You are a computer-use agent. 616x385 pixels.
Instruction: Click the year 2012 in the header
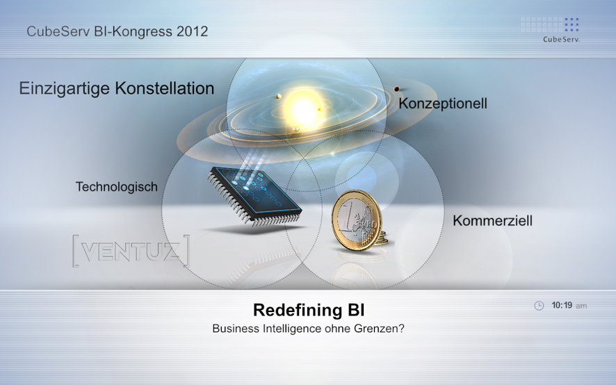[x=192, y=31]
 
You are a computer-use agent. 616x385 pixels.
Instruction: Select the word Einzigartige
[x=65, y=89]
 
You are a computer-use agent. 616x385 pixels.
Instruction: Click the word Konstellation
[x=165, y=88]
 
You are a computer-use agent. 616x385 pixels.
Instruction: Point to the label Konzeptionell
[x=443, y=104]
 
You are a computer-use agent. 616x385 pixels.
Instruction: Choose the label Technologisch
[x=116, y=187]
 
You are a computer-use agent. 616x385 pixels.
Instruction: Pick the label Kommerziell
[x=492, y=221]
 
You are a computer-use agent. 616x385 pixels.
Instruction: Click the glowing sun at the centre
[x=303, y=107]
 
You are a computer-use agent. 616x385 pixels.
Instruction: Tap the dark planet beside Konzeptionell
[x=397, y=89]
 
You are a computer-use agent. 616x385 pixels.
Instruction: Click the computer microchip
[x=254, y=196]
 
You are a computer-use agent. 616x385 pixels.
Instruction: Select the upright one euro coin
[x=357, y=220]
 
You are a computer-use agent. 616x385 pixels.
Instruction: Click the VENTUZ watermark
[x=131, y=251]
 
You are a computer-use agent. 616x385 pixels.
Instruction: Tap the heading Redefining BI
[x=309, y=310]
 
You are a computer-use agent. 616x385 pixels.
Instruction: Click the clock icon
[x=539, y=306]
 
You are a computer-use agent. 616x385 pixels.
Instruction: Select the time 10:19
[x=562, y=305]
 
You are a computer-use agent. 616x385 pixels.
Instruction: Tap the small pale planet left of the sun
[x=279, y=96]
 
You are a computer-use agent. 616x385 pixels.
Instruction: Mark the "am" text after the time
[x=581, y=306]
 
